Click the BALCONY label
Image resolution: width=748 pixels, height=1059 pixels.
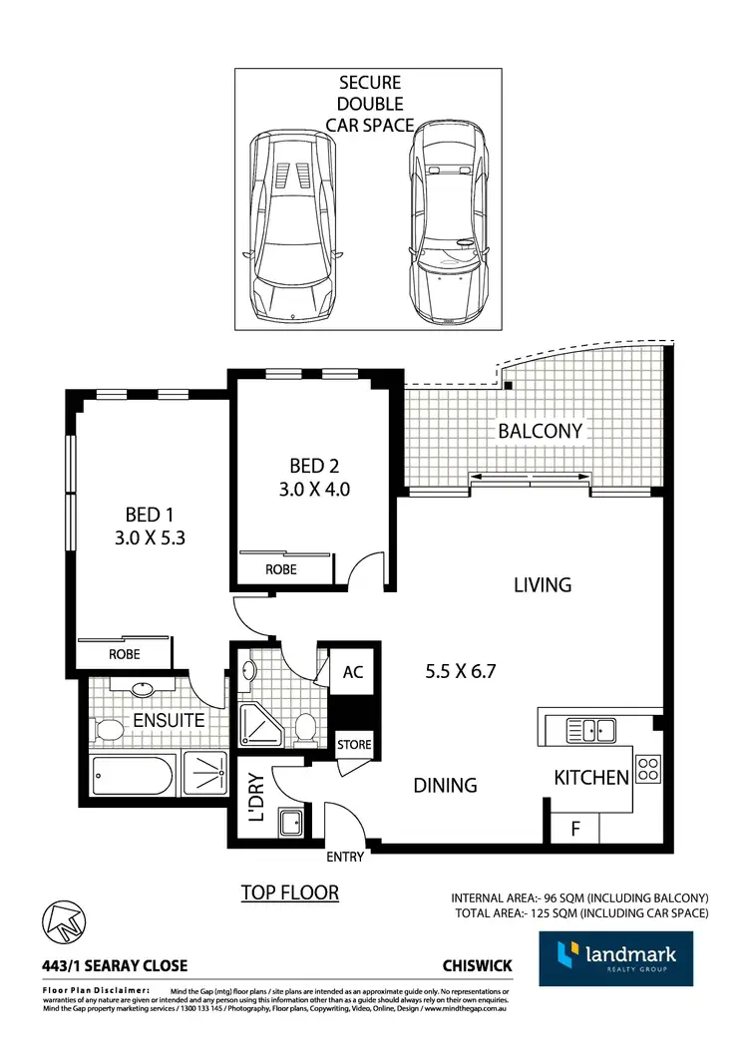click(x=540, y=431)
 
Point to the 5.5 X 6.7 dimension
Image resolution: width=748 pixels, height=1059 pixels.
click(x=460, y=671)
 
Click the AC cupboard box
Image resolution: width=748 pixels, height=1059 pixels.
click(x=352, y=672)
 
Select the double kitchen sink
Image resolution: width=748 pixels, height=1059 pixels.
click(x=589, y=730)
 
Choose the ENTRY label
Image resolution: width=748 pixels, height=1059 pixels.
click(x=345, y=857)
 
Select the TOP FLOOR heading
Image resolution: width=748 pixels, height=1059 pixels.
click(x=290, y=892)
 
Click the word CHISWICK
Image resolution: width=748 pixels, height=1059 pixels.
click(x=478, y=966)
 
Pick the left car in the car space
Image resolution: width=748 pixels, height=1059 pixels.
click(x=292, y=224)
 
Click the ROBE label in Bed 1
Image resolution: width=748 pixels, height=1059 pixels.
click(x=124, y=654)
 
